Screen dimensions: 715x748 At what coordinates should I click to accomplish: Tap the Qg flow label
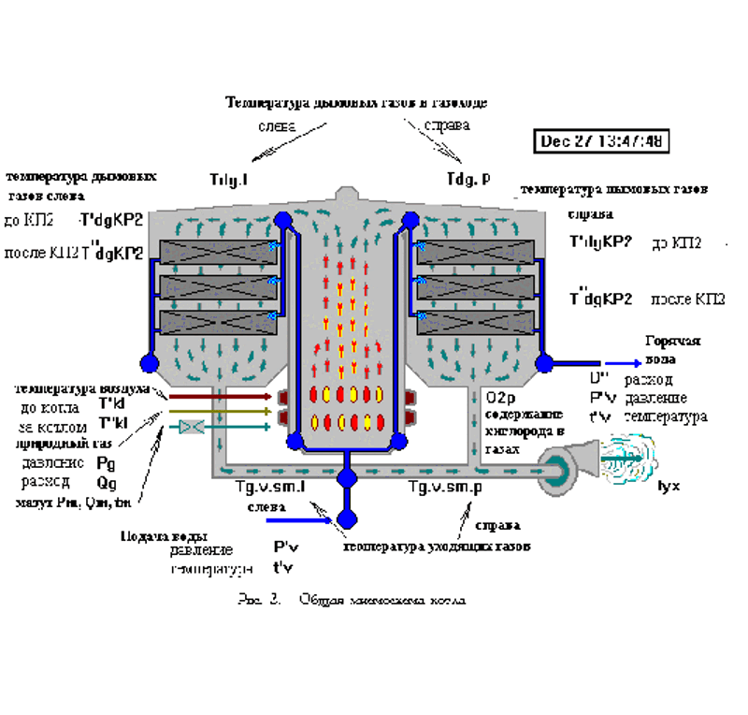107,482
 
